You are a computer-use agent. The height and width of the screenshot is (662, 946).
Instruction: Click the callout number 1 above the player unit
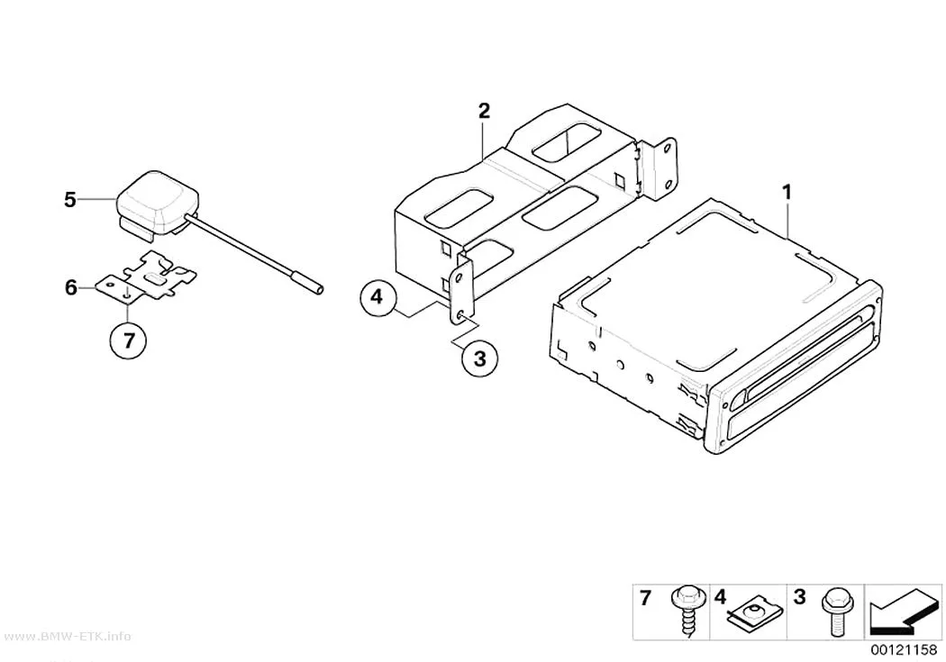coord(787,193)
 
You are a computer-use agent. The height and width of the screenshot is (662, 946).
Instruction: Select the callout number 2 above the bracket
coord(484,111)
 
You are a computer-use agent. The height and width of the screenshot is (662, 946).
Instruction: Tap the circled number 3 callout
coord(479,359)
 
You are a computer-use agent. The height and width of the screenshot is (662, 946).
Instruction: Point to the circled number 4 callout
coord(377,297)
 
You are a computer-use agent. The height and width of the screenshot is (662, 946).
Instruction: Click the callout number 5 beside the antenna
coord(70,200)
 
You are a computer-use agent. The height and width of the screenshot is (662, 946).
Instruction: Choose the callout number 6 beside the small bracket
coord(70,287)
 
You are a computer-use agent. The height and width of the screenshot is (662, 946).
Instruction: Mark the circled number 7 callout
coord(128,340)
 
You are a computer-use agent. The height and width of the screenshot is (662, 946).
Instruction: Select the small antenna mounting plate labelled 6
coord(146,278)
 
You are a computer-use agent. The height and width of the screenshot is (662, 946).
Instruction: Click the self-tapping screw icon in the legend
coord(687,610)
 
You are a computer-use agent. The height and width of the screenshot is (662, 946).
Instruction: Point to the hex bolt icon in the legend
coord(835,612)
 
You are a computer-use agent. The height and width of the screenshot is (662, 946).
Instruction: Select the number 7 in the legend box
coord(646,598)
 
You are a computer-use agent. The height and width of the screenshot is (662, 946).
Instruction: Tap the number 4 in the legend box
coord(721,597)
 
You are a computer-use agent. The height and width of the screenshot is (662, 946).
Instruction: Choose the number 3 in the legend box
coord(799,597)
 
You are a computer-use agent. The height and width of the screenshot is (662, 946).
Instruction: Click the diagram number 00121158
coord(903,650)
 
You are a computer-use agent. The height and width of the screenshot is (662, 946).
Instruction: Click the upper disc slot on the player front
coord(805,352)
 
